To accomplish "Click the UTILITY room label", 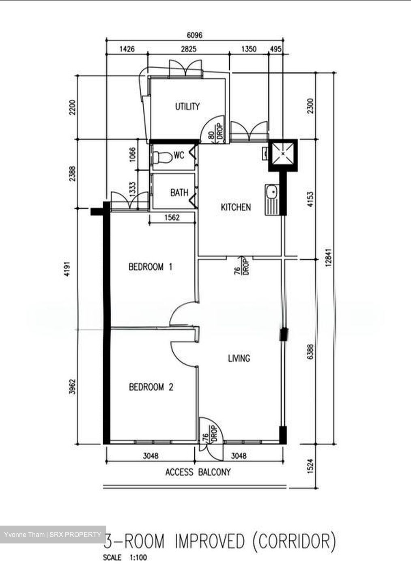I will (187, 107).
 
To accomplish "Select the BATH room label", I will (179, 192).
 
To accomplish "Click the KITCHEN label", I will (235, 207).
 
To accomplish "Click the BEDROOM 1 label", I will (151, 267).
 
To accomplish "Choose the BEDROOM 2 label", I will (151, 387).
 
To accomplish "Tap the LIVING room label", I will (239, 358).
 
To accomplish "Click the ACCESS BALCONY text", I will (198, 472).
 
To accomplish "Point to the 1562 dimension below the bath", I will (172, 218).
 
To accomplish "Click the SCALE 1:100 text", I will (125, 558).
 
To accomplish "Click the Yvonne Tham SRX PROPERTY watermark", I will (53, 535).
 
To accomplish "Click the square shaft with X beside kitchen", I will (282, 155).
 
